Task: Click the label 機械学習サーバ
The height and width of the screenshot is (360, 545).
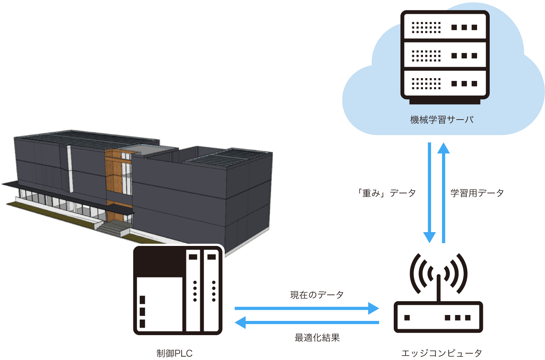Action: tap(442, 120)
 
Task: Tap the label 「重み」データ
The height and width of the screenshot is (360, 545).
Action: tap(386, 193)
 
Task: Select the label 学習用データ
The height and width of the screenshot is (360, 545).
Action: tap(477, 193)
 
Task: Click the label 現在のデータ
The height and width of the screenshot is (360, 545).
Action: tap(317, 295)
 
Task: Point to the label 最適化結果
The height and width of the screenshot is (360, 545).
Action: tap(317, 337)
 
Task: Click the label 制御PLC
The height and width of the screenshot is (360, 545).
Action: tap(175, 353)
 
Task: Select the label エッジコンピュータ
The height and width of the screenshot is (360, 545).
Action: tap(442, 353)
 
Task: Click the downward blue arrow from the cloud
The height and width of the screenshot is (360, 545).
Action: tap(429, 193)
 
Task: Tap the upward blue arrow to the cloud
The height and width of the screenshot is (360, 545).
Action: tap(444, 193)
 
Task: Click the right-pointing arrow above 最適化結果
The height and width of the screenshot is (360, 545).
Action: tap(306, 308)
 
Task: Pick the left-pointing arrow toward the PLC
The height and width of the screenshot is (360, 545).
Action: tap(306, 322)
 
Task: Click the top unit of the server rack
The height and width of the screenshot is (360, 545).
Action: tap(445, 27)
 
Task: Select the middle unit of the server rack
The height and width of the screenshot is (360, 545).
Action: tap(445, 55)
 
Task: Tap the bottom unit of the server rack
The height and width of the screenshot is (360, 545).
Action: tap(445, 83)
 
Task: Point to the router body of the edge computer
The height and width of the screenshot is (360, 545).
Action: tap(438, 317)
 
